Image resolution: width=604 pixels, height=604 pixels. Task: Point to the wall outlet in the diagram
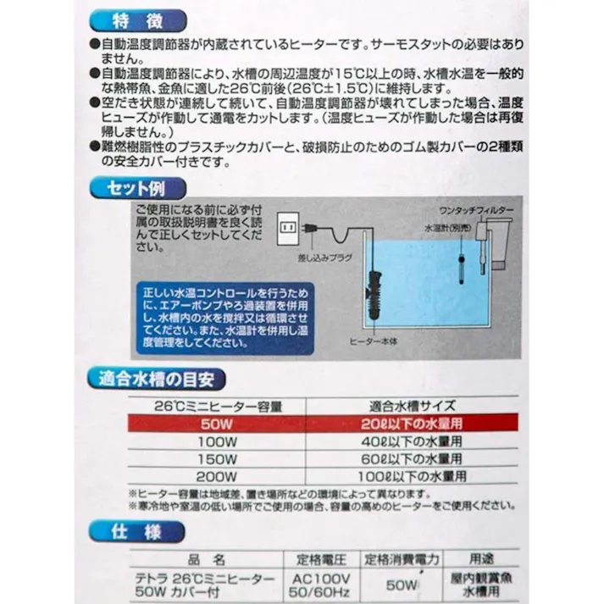[288, 227]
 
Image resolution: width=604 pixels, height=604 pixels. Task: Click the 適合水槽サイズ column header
[413, 405]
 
